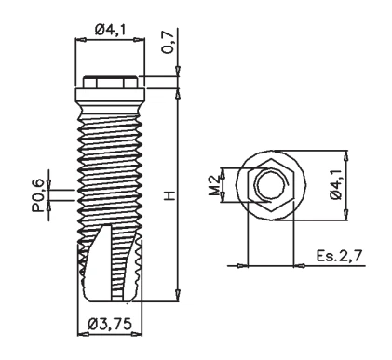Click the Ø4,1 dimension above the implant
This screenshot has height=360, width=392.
click(x=110, y=30)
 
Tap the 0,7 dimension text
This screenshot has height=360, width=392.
click(x=169, y=43)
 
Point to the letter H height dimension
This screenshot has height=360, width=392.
click(x=169, y=195)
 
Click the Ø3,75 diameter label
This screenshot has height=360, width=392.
click(x=110, y=324)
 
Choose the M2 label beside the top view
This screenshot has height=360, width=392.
click(x=214, y=185)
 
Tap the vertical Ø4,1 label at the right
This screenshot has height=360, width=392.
click(x=336, y=185)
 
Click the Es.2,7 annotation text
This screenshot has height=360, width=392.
click(x=339, y=256)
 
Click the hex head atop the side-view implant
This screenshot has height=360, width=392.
click(x=110, y=82)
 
